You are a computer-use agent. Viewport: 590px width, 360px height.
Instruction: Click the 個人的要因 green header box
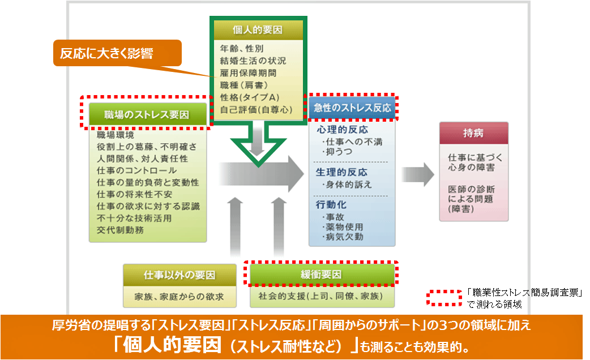258,30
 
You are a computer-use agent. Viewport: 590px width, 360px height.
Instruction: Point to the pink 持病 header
473,134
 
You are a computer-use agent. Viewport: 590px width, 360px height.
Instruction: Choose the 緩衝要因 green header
321,275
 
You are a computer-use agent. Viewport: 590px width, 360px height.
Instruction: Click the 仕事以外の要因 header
179,276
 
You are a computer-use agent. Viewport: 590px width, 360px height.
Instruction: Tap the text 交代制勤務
120,230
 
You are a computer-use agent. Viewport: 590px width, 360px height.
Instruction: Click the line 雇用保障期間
249,73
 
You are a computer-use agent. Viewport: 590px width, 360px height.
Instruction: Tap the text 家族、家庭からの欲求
179,296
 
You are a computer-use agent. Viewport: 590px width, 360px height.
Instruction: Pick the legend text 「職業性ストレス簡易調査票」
525,293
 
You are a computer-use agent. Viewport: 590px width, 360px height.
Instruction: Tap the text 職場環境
116,135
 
